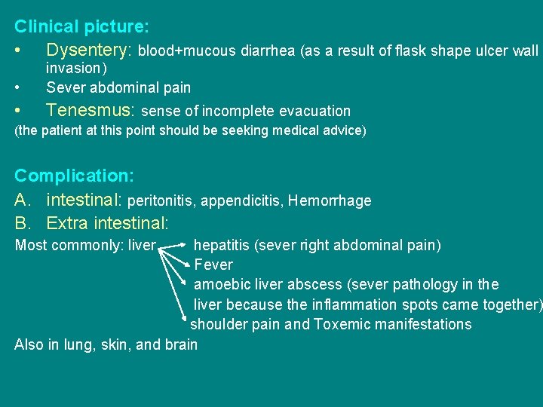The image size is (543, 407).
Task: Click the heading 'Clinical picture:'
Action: click(x=81, y=26)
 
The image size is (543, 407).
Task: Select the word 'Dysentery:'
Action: click(x=89, y=50)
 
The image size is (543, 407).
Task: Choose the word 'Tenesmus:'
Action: click(x=90, y=111)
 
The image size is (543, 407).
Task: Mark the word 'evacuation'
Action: click(x=314, y=112)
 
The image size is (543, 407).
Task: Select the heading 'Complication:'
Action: click(x=74, y=176)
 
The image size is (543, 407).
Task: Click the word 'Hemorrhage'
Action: click(x=330, y=200)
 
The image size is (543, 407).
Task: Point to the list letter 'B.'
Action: click(x=23, y=223)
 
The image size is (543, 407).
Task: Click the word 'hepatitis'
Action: click(x=222, y=245)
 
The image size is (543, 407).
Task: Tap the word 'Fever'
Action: click(x=213, y=265)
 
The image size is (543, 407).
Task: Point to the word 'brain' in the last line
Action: click(x=181, y=345)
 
